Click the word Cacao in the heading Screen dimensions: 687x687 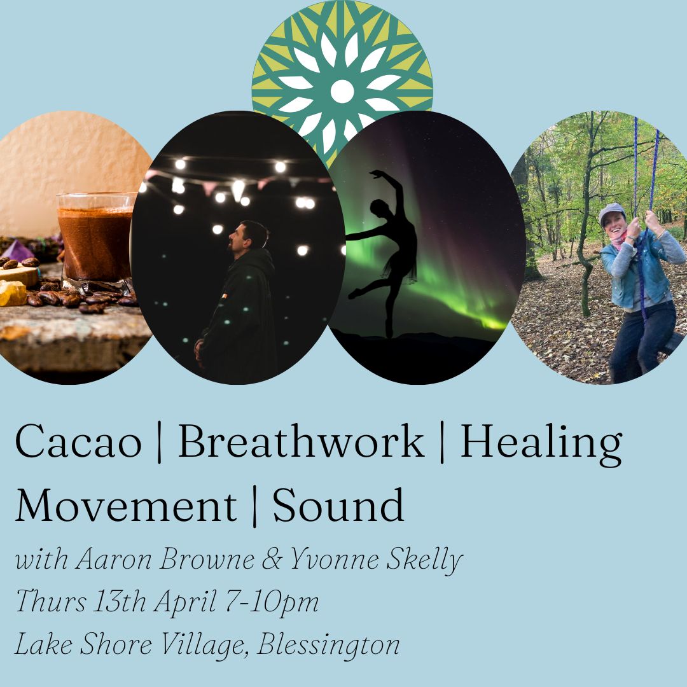78,441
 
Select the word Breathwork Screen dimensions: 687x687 302,441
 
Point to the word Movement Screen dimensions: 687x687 126,506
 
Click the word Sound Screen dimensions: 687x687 338,504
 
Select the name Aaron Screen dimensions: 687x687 113,559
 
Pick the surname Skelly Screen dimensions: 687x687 424,561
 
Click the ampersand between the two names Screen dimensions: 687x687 272,559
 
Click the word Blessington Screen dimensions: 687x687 328,646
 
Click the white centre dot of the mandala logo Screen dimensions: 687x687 342,92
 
